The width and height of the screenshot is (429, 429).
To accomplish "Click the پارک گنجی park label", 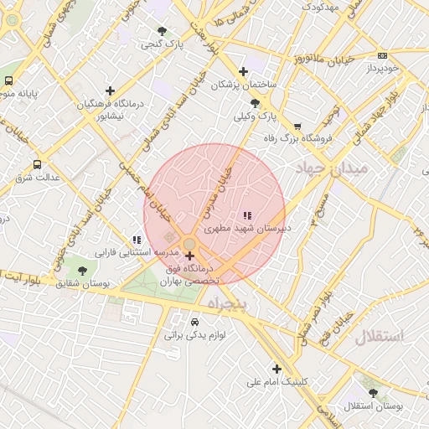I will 162,43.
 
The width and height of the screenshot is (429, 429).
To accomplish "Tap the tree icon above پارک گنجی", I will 162,31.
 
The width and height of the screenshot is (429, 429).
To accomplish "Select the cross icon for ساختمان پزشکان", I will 243,72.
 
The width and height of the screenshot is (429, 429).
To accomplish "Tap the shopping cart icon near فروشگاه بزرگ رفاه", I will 297,127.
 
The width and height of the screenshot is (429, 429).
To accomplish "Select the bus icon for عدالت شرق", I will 36,165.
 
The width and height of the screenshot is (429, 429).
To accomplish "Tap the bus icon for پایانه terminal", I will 8,81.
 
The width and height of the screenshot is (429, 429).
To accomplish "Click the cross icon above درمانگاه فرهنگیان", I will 110,90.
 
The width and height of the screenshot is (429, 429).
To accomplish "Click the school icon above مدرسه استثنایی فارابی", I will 137,240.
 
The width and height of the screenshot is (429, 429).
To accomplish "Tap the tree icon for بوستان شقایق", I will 81,271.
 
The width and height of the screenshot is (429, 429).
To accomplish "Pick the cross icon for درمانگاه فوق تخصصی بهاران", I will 190,256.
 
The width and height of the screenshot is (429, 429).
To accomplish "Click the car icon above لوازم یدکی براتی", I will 194,322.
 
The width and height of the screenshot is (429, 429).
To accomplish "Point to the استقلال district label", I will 379,337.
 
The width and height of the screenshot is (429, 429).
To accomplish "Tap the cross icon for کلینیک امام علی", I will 277,369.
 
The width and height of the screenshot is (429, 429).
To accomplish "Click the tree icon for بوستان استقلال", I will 373,392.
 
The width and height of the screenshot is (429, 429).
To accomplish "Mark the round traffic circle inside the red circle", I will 190,243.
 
